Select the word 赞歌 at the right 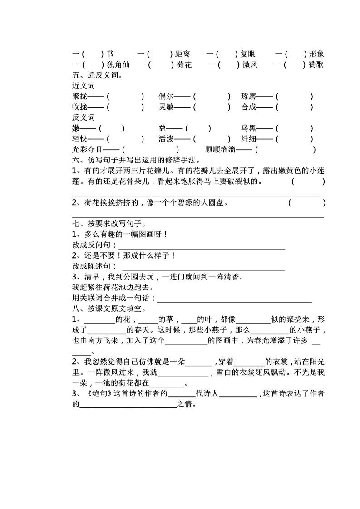[x=316, y=64]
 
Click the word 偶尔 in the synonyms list [x=166, y=97]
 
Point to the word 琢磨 [x=249, y=97]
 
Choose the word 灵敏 [x=166, y=108]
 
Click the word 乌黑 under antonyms [x=249, y=129]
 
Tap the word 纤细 [x=249, y=139]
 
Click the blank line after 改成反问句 [x=202, y=246]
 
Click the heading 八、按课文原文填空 [x=108, y=309]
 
